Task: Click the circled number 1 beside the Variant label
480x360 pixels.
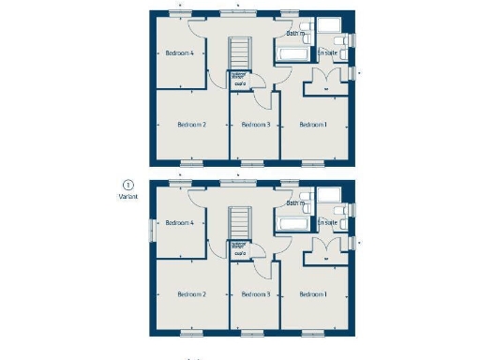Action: point(127,186)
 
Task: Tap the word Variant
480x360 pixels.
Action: point(127,197)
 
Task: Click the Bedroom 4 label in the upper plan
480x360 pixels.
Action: point(179,53)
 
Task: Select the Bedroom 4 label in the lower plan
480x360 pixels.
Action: point(179,223)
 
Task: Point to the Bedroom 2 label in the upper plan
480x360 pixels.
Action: point(191,124)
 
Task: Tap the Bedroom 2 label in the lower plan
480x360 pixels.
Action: point(191,294)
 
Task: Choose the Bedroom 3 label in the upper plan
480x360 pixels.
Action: point(256,124)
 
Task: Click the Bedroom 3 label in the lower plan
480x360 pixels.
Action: point(256,294)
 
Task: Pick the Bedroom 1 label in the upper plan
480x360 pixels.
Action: point(313,124)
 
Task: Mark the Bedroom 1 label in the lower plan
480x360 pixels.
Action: point(313,294)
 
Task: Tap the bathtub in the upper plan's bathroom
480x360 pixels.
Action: point(290,55)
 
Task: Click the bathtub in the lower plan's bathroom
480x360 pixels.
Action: point(290,225)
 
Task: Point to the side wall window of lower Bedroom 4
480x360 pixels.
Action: point(151,228)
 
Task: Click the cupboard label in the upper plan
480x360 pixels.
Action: point(240,82)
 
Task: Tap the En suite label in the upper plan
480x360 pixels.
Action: point(327,53)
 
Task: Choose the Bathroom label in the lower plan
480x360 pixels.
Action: point(296,202)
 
